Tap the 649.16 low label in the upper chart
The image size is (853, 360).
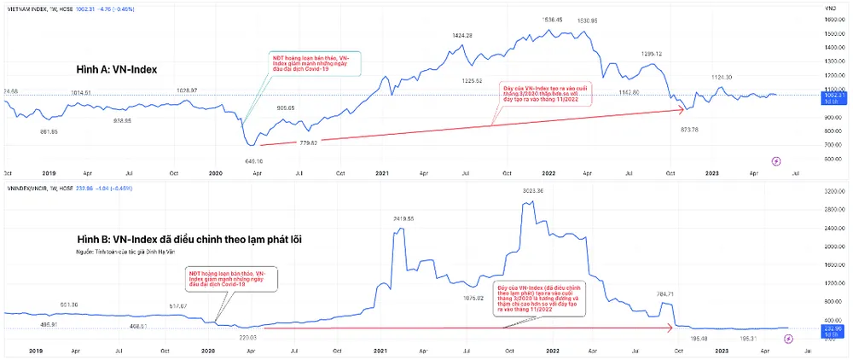pos(253,160)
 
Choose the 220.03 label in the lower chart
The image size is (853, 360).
pos(248,338)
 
